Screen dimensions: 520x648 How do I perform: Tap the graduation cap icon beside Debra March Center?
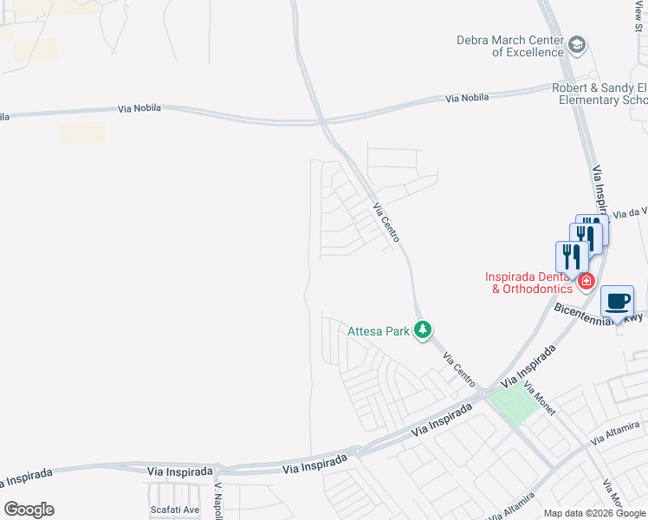tap(578, 44)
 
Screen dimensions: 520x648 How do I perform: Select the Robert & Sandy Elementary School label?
tap(599, 94)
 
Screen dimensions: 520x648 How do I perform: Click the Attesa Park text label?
tap(379, 330)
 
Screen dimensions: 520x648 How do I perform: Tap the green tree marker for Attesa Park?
tap(423, 329)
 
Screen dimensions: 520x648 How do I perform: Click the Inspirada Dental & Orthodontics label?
tap(530, 283)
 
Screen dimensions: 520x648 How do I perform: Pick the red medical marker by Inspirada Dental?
tap(586, 280)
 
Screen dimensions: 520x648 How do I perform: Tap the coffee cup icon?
tap(617, 302)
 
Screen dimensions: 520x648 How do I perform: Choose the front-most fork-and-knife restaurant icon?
tap(571, 257)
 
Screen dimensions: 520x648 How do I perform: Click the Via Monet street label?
tap(540, 400)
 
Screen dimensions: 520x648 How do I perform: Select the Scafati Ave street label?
tap(174, 510)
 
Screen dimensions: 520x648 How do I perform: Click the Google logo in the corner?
tap(29, 510)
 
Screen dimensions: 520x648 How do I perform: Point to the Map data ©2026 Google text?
tap(594, 513)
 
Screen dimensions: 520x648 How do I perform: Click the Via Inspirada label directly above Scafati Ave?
tap(179, 471)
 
